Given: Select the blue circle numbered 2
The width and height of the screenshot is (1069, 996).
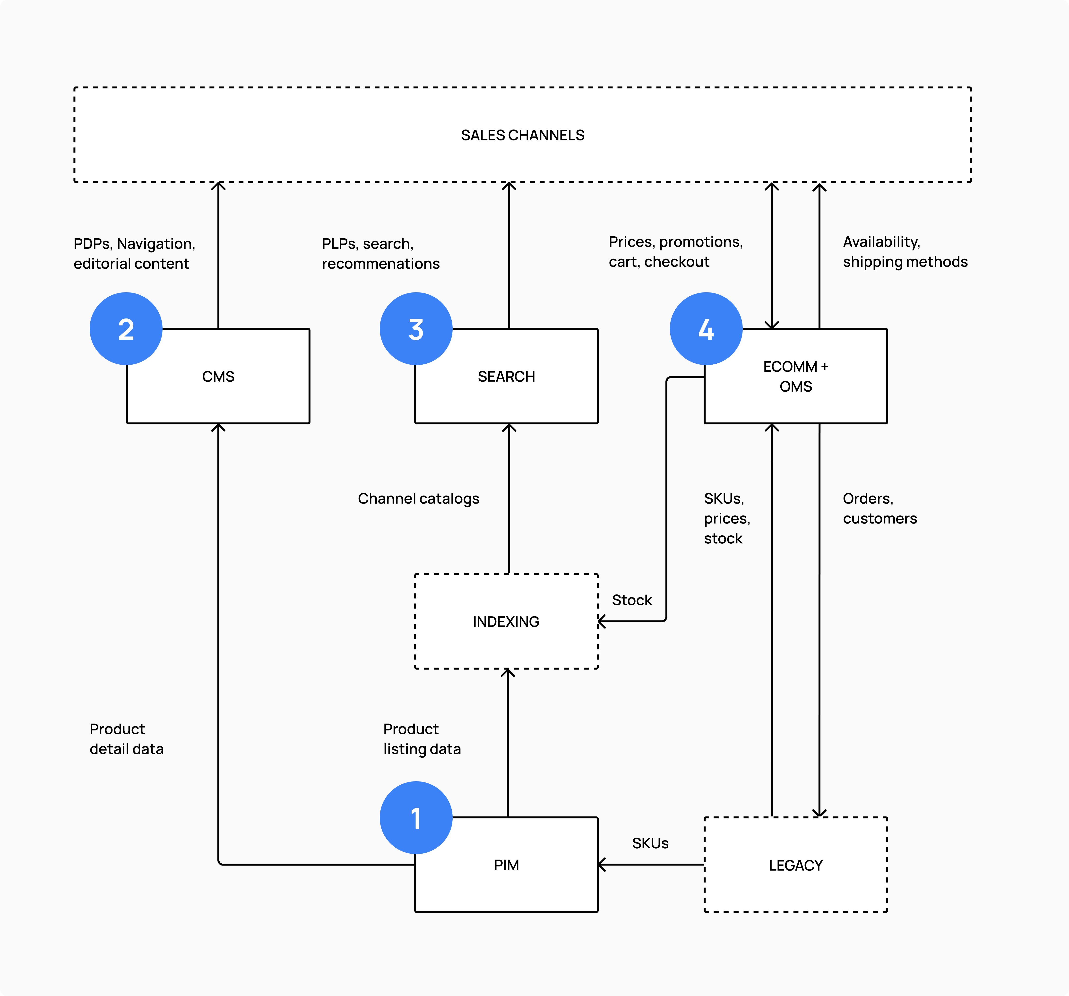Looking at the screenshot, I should (126, 329).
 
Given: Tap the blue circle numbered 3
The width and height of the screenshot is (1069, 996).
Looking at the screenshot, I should (416, 329).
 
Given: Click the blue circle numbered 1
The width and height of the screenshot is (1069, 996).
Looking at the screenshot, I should (416, 817).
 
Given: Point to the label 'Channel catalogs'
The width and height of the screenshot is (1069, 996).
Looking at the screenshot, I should (418, 498).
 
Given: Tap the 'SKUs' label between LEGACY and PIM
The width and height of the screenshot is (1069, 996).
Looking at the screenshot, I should (650, 843).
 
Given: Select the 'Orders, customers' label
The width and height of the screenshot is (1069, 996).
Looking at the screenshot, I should (879, 508).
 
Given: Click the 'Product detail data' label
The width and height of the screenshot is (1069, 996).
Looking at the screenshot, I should (126, 739).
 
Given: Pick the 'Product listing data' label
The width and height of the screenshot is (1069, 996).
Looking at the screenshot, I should (422, 739).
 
